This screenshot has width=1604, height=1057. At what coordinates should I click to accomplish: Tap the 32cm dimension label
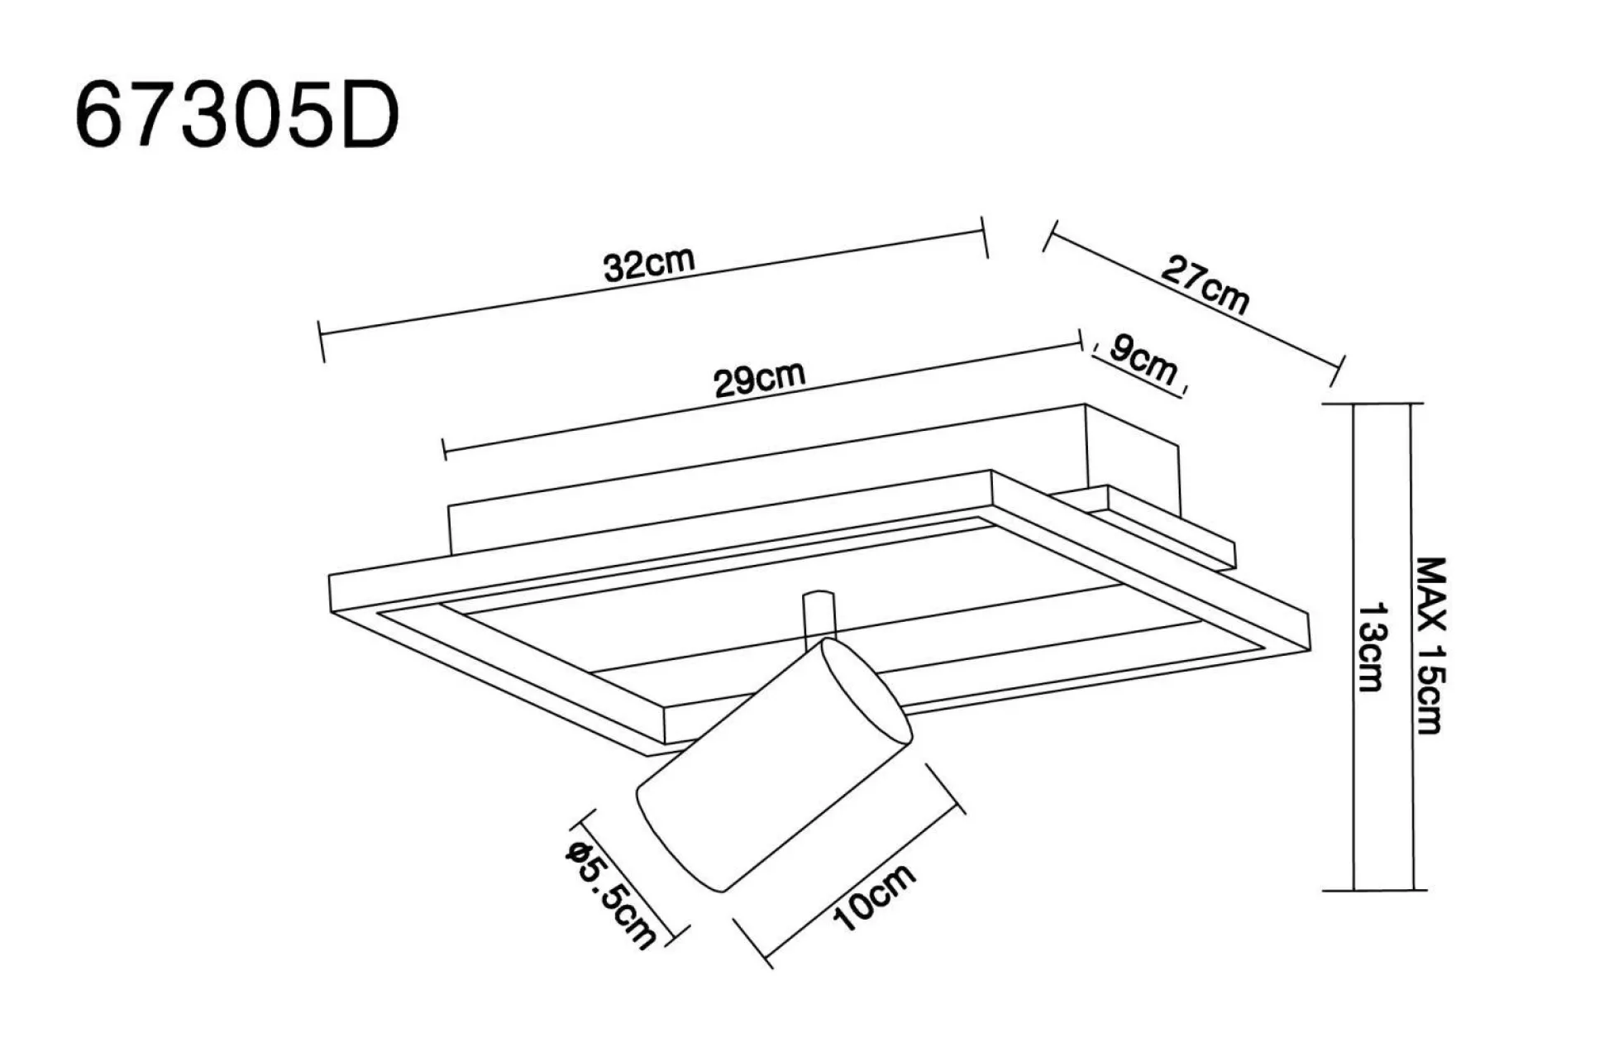pyautogui.click(x=648, y=264)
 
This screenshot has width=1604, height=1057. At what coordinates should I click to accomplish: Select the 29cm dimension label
pyautogui.click(x=759, y=379)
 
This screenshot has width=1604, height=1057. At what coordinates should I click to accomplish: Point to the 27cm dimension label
pyautogui.click(x=1205, y=285)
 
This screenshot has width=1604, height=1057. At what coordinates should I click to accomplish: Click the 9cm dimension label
pyautogui.click(x=1143, y=359)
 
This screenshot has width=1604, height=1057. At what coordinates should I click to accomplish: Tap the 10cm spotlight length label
pyautogui.click(x=875, y=897)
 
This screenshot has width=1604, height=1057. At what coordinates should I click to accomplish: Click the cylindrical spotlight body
pyautogui.click(x=761, y=777)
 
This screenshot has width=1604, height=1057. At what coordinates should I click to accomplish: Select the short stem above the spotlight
pyautogui.click(x=819, y=616)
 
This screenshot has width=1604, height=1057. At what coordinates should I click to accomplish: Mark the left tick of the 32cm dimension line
pyautogui.click(x=321, y=341)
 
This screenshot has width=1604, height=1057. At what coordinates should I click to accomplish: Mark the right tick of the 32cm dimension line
pyautogui.click(x=985, y=237)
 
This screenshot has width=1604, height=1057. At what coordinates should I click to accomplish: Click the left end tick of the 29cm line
pyautogui.click(x=444, y=450)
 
